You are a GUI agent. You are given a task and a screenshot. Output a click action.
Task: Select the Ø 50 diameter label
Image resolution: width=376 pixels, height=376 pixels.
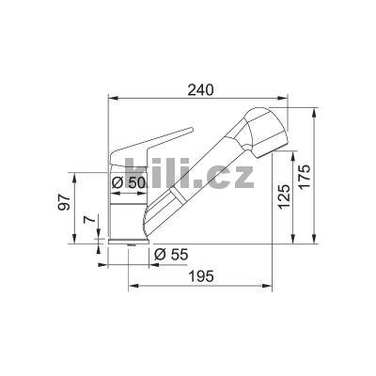point(128,182)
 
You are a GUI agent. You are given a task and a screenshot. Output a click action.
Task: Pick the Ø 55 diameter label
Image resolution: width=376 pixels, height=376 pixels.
point(170,254)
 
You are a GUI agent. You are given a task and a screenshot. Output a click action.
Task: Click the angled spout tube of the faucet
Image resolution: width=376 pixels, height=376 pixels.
point(193,179)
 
